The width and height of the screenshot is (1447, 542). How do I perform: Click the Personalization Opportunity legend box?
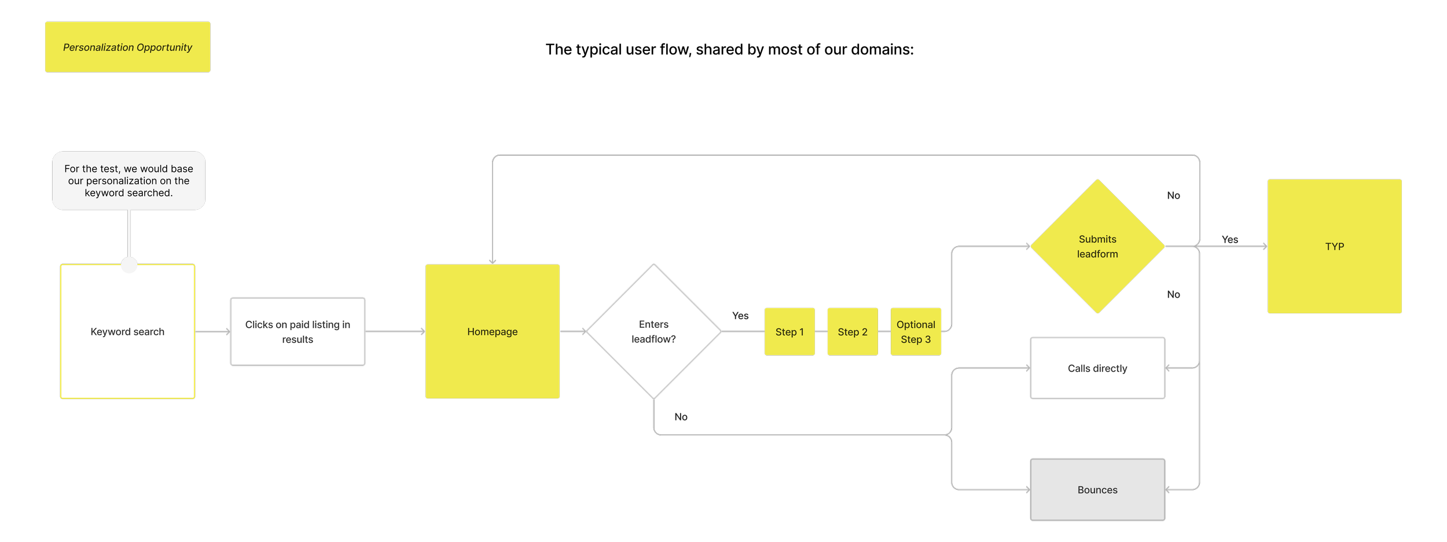127,47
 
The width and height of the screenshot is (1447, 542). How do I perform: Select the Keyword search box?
127,332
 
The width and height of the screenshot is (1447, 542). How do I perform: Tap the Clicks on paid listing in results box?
298,332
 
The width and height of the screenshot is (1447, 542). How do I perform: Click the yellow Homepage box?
492,332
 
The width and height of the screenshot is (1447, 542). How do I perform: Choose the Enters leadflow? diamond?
653,332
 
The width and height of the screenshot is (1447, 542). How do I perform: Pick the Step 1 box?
789,332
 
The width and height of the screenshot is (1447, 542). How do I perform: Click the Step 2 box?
853,332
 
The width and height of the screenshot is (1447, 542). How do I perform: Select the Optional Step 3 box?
916,332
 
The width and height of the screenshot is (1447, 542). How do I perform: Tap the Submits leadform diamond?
1097,247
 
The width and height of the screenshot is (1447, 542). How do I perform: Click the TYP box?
1334,247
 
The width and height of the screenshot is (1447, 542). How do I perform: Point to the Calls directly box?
1097,368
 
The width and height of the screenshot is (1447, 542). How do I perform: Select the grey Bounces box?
1097,490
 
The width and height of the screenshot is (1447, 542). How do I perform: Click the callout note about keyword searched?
128,181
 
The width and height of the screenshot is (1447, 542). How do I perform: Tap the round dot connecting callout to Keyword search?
129,265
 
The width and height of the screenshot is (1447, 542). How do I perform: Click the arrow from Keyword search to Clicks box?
212,332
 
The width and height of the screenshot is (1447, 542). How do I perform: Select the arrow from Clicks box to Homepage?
395,332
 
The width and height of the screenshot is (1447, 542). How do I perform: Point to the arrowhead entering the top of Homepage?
493,261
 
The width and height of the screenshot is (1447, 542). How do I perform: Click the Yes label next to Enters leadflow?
740,316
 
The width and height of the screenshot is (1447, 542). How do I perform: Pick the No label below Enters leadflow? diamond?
681,417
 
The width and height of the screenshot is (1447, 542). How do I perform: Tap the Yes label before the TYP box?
1230,239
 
